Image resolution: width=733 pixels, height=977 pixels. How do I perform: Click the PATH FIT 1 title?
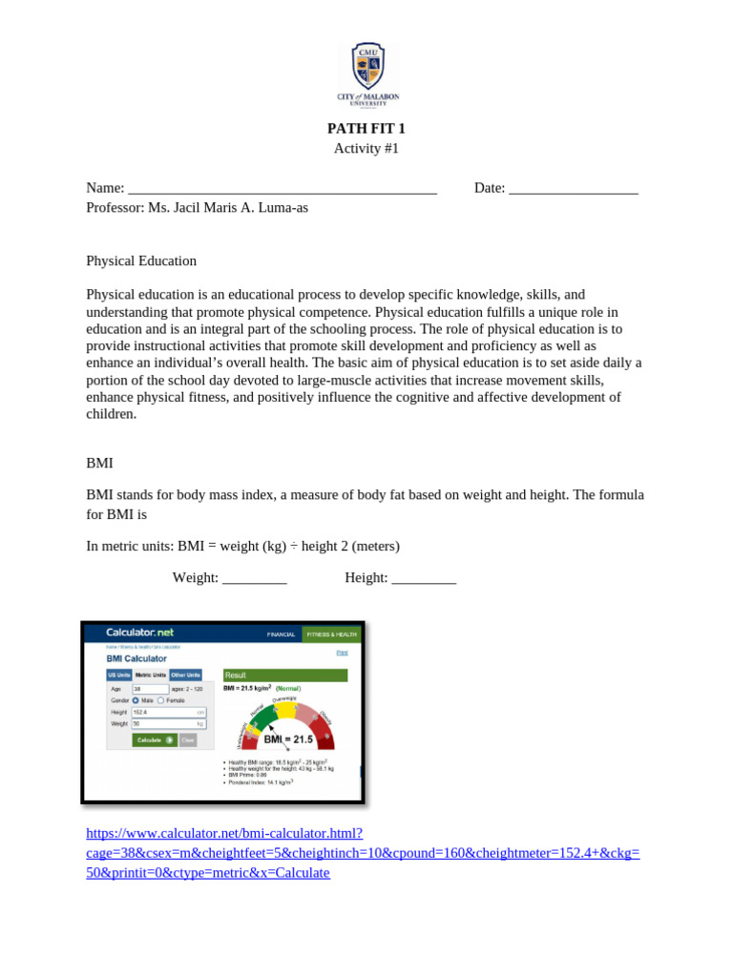click(366, 129)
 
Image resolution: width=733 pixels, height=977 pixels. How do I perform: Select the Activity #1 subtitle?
click(366, 149)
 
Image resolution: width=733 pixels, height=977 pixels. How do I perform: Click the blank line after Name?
click(282, 189)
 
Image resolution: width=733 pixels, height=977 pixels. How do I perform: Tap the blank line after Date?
click(574, 189)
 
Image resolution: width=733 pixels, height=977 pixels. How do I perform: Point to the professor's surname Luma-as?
click(283, 208)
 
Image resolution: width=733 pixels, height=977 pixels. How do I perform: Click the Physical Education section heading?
click(141, 260)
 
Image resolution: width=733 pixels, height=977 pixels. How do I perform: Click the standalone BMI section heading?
click(99, 463)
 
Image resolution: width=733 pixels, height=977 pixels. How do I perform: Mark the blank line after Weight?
click(254, 578)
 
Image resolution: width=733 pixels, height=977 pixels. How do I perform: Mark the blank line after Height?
click(424, 578)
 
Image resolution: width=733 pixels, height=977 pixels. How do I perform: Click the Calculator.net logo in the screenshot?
click(139, 633)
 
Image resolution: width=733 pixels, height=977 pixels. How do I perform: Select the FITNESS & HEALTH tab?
click(330, 634)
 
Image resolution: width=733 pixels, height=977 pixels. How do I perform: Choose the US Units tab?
click(118, 675)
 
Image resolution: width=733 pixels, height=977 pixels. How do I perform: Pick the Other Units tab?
click(185, 675)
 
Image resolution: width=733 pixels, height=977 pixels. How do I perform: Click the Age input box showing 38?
click(150, 688)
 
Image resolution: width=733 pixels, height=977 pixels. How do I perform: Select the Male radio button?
click(136, 700)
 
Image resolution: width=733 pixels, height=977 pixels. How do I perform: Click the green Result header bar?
click(284, 675)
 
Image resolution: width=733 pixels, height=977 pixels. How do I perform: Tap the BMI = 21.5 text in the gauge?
click(288, 739)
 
